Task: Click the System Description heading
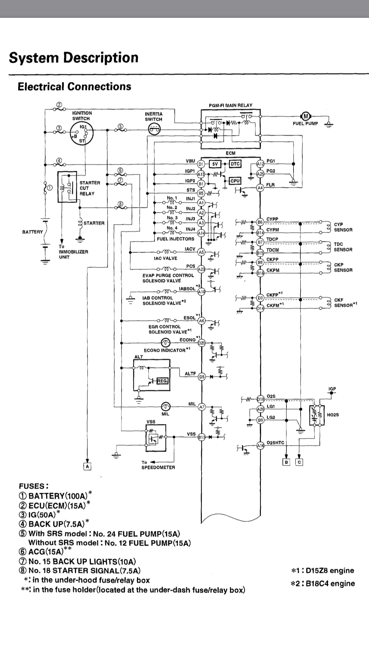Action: [x=73, y=57]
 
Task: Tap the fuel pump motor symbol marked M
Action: [x=306, y=116]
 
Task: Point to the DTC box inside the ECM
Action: [x=235, y=164]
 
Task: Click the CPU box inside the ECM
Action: [x=235, y=181]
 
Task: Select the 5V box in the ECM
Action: [x=215, y=164]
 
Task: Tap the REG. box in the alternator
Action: [x=162, y=380]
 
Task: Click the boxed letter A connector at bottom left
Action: [x=87, y=467]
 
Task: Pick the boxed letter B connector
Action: [x=286, y=462]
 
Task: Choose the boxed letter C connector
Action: [x=299, y=462]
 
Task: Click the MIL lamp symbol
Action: [x=166, y=406]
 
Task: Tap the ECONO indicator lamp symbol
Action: [x=166, y=343]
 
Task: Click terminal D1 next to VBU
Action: [x=201, y=164]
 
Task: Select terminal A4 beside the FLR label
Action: [x=260, y=188]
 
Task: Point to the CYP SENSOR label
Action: [x=343, y=227]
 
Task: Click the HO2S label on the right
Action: [x=333, y=414]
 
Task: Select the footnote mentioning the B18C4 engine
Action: [x=323, y=584]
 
